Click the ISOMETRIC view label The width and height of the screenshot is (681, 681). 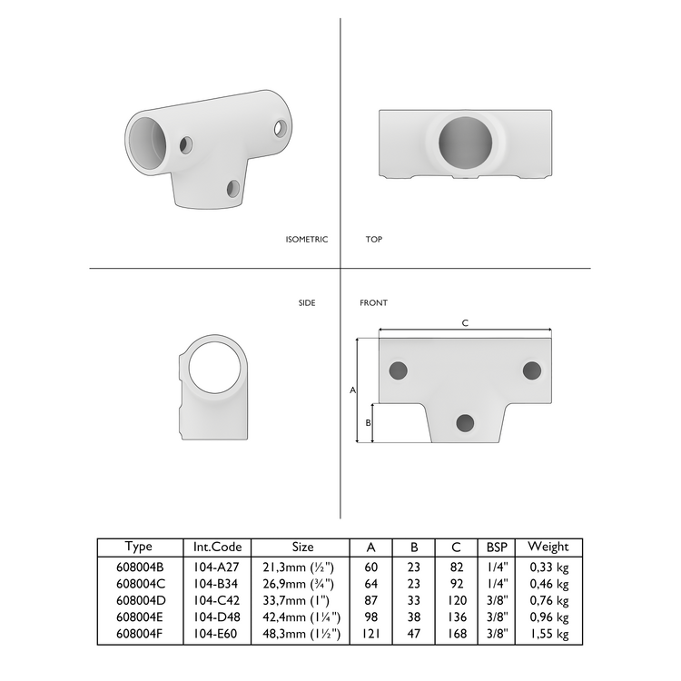pos(306,240)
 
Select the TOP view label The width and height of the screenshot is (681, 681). pos(373,240)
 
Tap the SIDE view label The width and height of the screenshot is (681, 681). pos(307,303)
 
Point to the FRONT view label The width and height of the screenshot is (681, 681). pos(373,303)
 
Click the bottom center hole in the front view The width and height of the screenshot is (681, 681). pos(466,422)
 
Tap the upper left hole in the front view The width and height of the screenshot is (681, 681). pos(398,370)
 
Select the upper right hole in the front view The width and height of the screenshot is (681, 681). pos(532,370)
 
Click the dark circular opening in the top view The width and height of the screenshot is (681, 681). pos(465,143)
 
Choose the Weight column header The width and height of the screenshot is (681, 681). pos(548,547)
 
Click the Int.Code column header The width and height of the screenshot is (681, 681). pos(217,547)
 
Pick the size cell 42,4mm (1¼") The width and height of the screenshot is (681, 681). pos(301,617)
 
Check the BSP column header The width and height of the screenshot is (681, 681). pos(498,547)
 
